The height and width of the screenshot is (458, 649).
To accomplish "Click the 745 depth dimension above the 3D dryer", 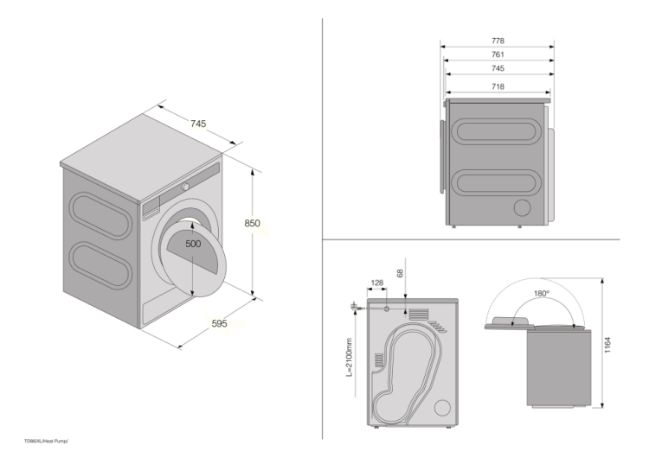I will coord(198,124).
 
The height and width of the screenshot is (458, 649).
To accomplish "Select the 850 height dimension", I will coord(252,223).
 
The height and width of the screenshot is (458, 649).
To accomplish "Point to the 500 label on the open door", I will coord(193,244).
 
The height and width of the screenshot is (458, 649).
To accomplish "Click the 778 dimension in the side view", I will coord(498,41).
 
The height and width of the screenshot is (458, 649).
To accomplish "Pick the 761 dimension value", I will coord(498,54).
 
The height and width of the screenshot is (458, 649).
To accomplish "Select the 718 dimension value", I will coord(498,86).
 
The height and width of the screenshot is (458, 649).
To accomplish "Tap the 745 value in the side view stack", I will coord(498,68).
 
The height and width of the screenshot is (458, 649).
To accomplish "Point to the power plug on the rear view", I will coord(355,305).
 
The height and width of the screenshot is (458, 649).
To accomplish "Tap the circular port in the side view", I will coord(522,207).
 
